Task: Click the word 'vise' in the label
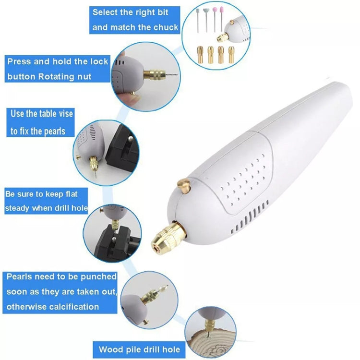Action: [x=64, y=114]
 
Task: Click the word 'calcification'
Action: [x=70, y=306]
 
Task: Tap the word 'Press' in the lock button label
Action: [x=19, y=61]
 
